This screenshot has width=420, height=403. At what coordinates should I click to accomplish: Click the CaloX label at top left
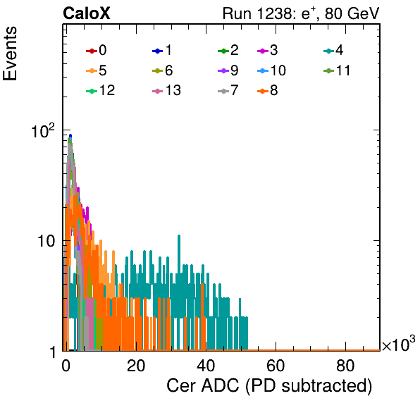[x=87, y=13]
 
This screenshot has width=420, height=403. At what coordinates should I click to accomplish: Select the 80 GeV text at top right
[x=352, y=13]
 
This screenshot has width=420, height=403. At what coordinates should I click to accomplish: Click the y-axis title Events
[x=10, y=54]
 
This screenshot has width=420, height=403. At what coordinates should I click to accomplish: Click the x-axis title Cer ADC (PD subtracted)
[x=269, y=386]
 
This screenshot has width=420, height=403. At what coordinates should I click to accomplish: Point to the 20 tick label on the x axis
[x=136, y=365]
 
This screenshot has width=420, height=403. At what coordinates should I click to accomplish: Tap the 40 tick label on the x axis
[x=206, y=365]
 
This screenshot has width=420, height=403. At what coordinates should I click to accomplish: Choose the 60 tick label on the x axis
[x=276, y=365]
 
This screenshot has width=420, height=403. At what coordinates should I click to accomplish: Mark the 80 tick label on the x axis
[x=345, y=365]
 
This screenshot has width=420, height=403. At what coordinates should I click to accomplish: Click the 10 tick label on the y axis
[x=47, y=241]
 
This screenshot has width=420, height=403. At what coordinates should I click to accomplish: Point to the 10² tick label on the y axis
[x=43, y=130]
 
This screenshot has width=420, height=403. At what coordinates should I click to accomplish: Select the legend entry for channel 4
[x=333, y=50]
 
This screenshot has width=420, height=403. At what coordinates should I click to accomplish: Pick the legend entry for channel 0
[x=96, y=50]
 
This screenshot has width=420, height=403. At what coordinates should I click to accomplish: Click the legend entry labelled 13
[x=166, y=90]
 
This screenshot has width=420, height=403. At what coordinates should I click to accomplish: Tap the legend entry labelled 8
[x=267, y=90]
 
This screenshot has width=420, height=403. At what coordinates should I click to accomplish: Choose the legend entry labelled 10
[x=271, y=70]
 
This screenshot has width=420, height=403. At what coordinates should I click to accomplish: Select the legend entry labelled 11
[x=337, y=70]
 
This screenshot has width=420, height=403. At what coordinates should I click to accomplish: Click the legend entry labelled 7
[x=228, y=90]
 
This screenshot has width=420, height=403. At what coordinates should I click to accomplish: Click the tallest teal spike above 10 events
[x=179, y=236]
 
